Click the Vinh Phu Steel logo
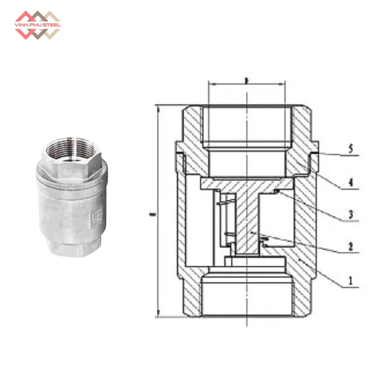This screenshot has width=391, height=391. (38, 25)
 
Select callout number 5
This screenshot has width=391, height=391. (351, 149)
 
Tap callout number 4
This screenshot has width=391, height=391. (351, 182)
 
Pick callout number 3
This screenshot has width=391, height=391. (351, 214)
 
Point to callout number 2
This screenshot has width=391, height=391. (351, 246)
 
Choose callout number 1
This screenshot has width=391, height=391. (351, 280)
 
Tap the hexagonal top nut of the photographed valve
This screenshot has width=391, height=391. (72, 165)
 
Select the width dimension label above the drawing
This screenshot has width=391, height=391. (246, 81)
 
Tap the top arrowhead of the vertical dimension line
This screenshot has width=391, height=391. (158, 108)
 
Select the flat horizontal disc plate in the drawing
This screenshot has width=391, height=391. (247, 184)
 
